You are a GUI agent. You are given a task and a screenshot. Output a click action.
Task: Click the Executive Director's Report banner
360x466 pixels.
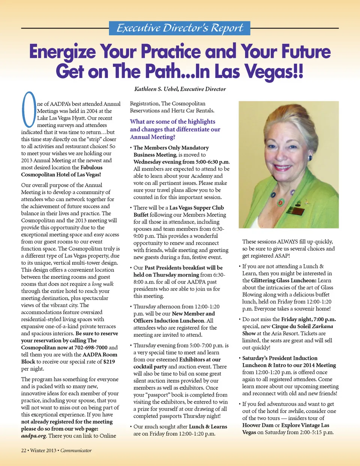tap(180, 28)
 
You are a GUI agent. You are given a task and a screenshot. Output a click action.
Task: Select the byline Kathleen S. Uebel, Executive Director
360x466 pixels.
tap(180, 89)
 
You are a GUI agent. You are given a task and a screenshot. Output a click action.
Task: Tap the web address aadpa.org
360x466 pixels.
tap(34, 436)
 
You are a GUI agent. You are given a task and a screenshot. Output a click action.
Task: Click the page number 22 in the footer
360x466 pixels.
tap(24, 450)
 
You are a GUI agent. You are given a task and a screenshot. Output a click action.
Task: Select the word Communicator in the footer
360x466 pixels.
tap(76, 450)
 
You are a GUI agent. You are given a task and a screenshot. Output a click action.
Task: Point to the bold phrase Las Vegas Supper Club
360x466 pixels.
tap(196, 207)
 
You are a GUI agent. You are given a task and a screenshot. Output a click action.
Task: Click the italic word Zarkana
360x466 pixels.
tap(322, 326)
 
